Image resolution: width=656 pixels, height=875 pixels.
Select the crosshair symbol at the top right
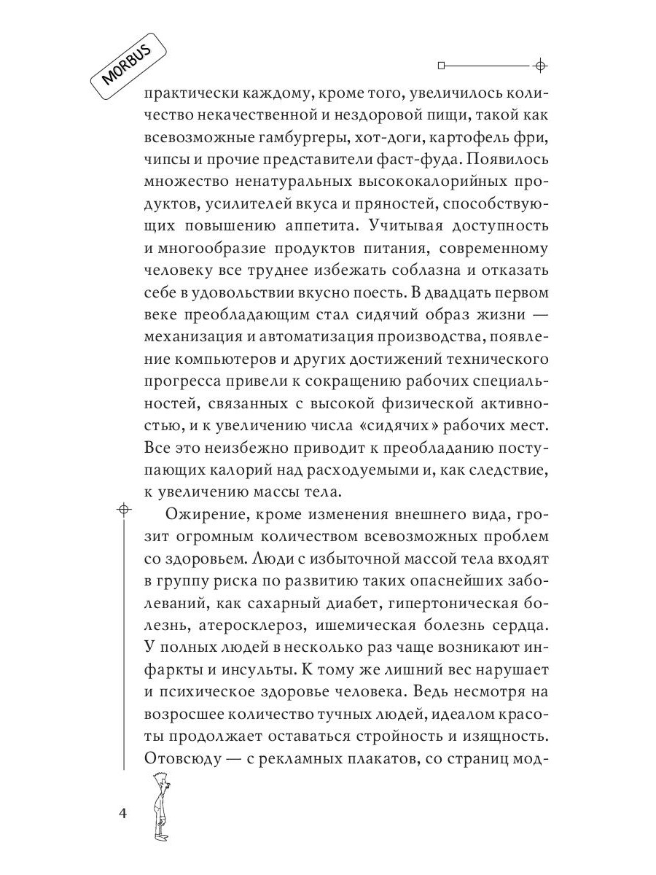pos(539,66)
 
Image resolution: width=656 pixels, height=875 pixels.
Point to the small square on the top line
pos(440,66)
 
